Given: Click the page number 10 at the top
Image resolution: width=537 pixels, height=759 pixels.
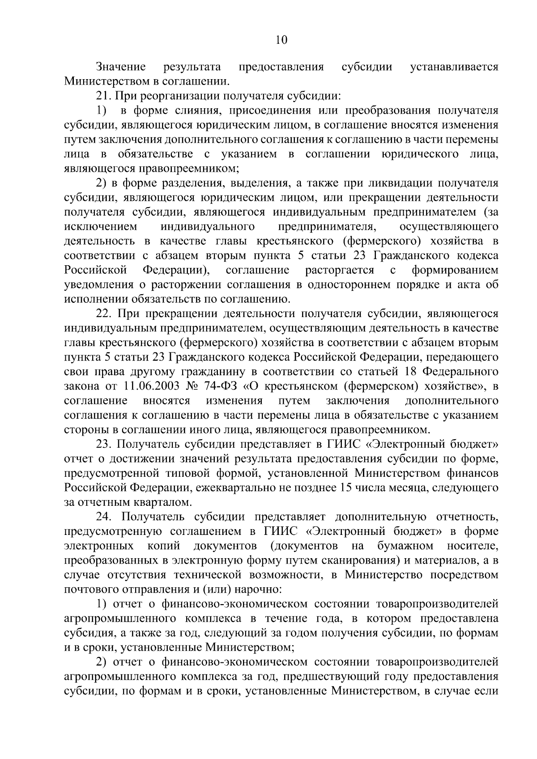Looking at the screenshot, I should (x=281, y=40).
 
